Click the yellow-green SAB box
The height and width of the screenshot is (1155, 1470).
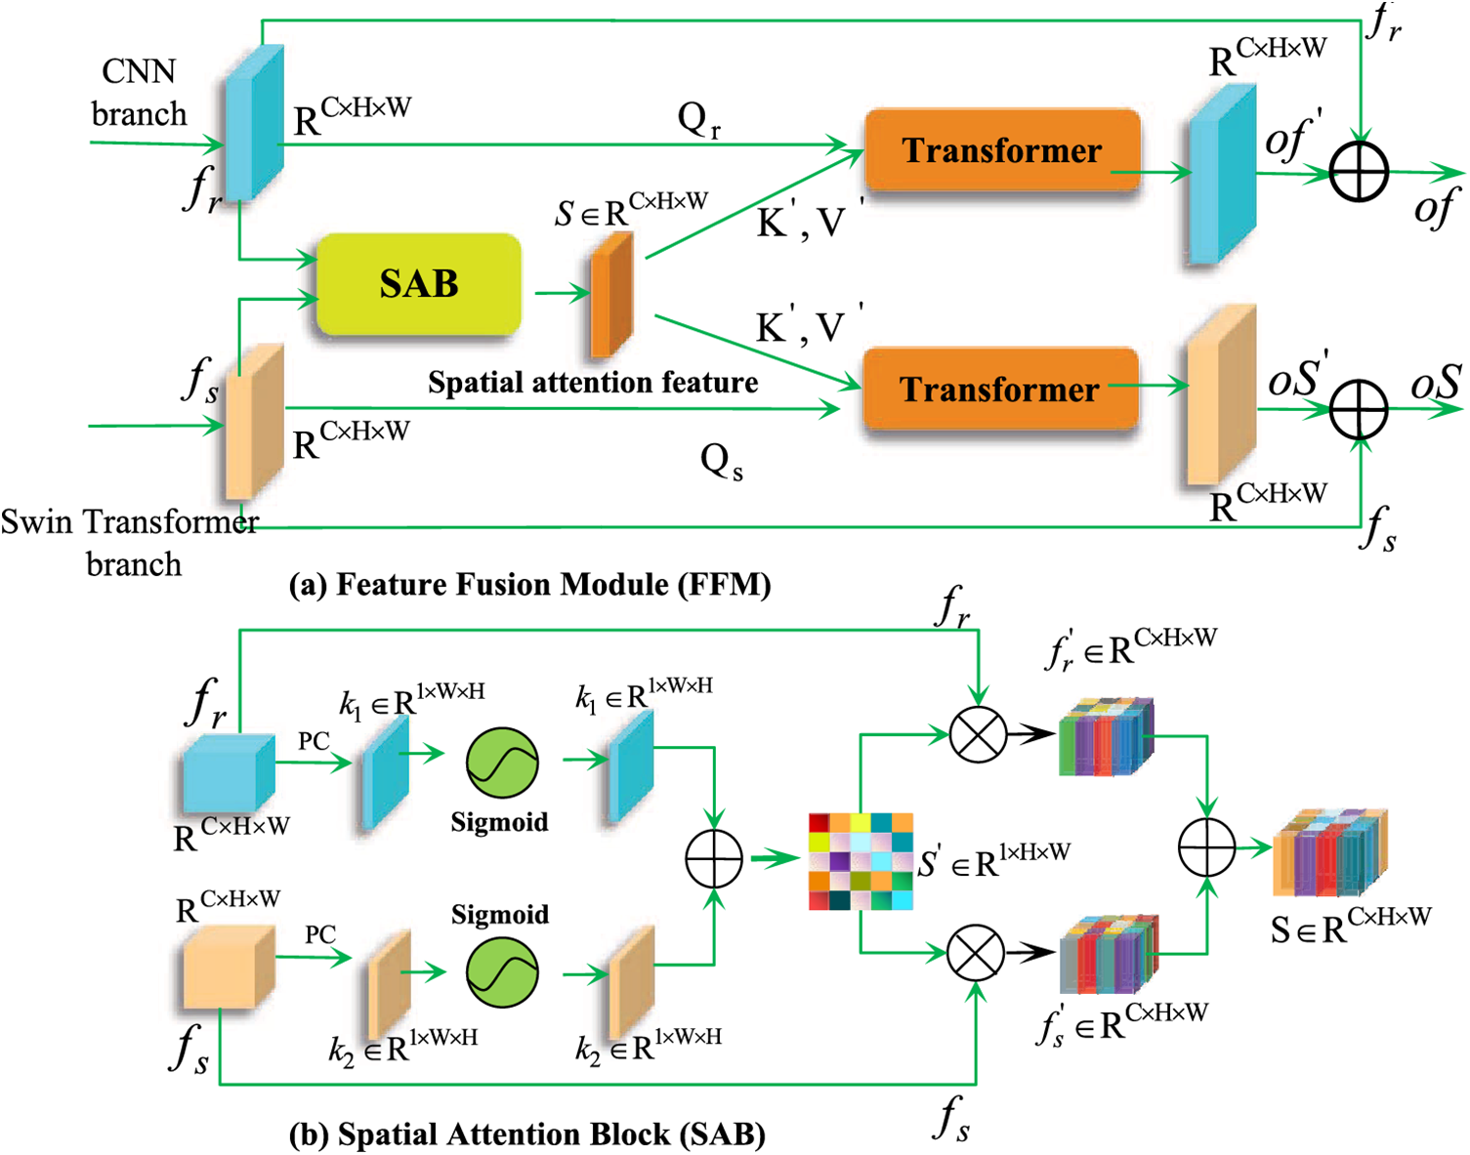point(419,285)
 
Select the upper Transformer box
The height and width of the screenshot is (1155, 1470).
point(1002,150)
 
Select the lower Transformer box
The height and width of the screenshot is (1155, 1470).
point(1000,389)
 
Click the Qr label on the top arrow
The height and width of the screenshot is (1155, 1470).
point(698,120)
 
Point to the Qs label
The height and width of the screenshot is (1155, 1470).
point(721,461)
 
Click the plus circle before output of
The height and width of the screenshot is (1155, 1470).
point(1359,172)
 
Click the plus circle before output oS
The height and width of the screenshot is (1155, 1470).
point(1359,409)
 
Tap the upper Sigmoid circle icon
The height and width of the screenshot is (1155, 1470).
point(502,763)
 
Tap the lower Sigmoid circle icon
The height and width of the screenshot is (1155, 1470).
point(502,972)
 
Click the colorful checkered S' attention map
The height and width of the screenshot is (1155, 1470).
point(861,861)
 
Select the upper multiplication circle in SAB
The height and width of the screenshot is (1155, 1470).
point(978,734)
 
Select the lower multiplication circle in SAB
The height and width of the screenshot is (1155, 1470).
point(976,953)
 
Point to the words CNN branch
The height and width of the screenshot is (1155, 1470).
point(139,93)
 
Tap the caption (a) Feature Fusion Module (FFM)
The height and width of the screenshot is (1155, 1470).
point(530,585)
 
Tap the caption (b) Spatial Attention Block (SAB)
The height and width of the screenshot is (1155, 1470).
point(527,1134)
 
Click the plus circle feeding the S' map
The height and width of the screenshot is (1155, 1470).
point(714,859)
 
